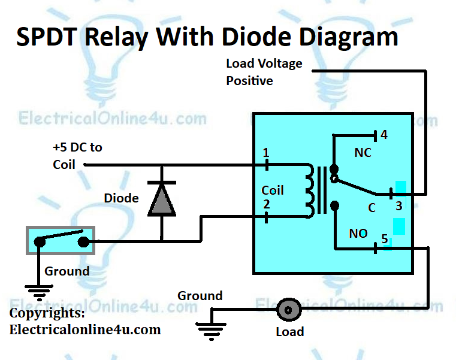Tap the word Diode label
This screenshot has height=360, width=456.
click(121, 198)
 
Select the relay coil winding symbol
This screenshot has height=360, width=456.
click(309, 190)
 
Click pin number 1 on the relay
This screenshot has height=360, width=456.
click(266, 153)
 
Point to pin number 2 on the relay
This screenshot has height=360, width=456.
click(266, 205)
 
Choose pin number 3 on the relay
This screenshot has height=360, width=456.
click(398, 207)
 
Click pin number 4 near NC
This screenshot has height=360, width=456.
click(384, 135)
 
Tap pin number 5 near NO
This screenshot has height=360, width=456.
click(385, 238)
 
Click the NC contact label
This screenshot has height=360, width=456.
click(363, 153)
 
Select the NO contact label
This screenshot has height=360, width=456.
click(358, 234)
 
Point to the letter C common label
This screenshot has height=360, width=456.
click(372, 207)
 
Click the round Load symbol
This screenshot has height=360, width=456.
click(288, 310)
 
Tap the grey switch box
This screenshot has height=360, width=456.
click(60, 240)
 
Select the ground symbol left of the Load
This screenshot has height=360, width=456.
click(212, 328)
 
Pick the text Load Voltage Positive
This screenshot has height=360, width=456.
click(264, 72)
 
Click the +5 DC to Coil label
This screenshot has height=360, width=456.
click(77, 155)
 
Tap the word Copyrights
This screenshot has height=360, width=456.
click(47, 313)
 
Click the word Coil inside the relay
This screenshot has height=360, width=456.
click(273, 190)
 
